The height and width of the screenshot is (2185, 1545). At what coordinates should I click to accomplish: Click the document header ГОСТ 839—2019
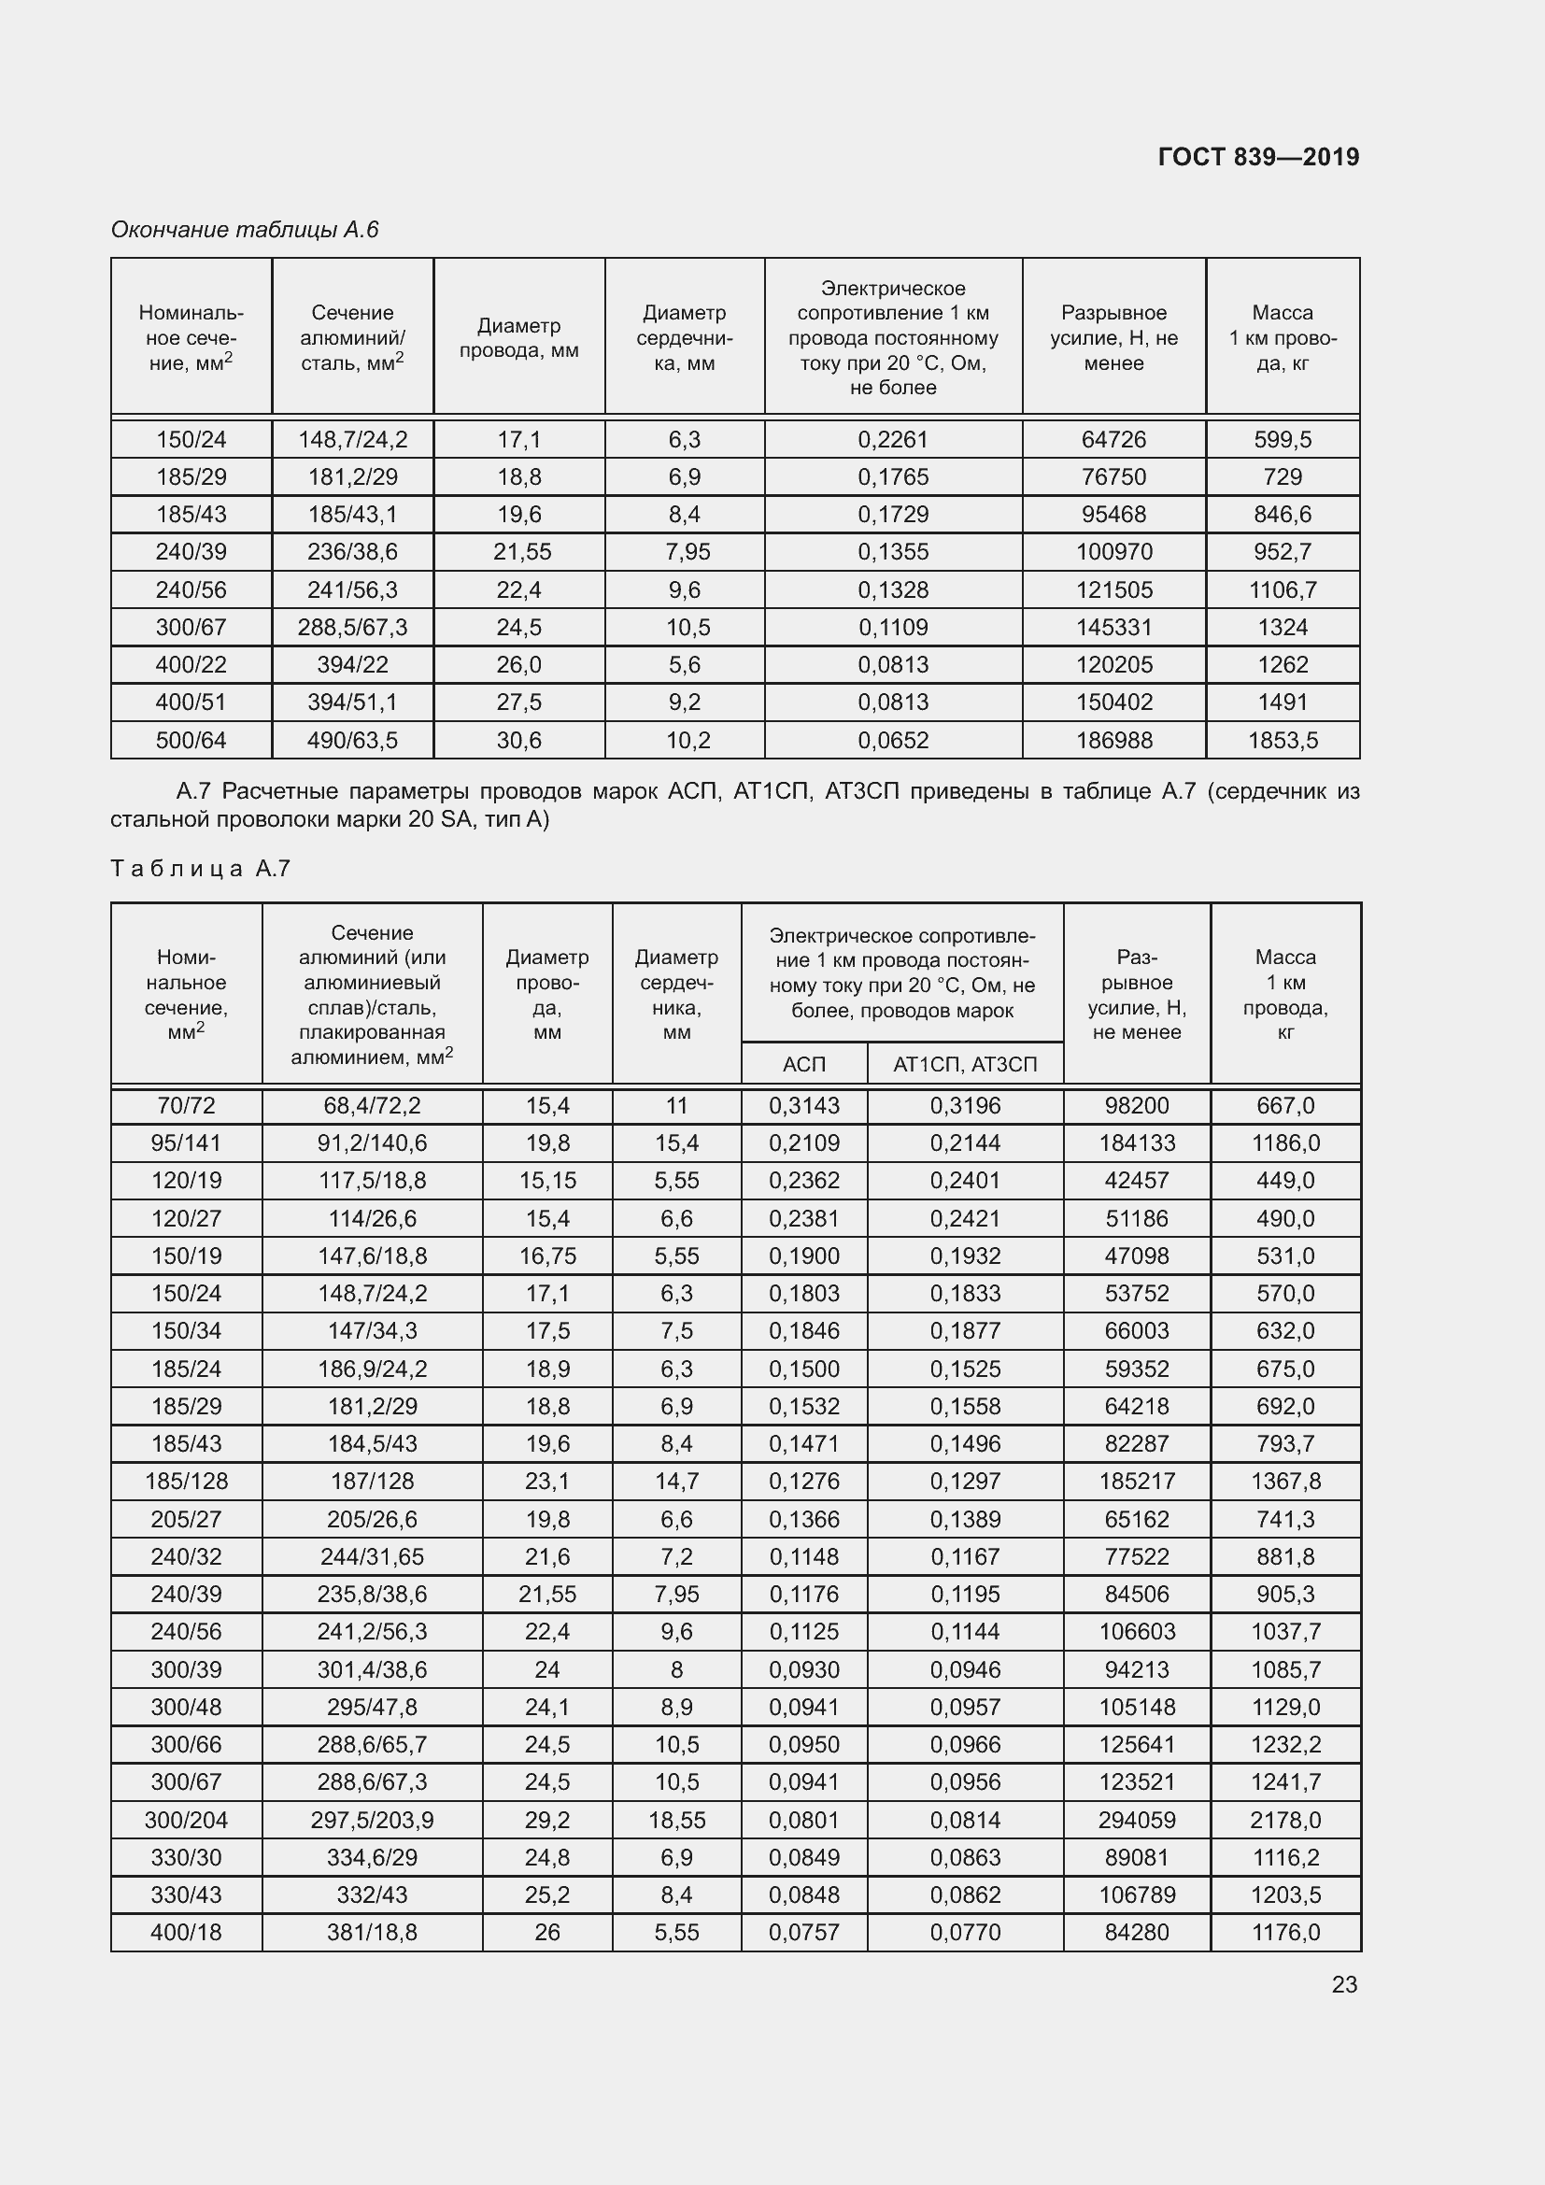pos(1257,157)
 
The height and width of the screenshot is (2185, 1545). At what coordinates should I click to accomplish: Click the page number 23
pos(1343,1984)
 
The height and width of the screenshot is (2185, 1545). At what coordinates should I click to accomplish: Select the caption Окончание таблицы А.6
pos(245,230)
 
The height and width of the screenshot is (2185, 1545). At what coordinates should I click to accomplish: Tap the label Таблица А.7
pos(201,868)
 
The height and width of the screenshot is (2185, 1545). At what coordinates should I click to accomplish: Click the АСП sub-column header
pos(804,1064)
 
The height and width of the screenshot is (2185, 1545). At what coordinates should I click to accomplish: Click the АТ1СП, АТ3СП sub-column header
pos(965,1064)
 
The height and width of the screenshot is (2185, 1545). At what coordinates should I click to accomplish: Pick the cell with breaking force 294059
pos(1137,1820)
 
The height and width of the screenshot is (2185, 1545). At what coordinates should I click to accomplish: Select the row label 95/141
pos(187,1142)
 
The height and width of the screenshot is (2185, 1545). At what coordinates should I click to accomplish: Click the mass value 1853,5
pos(1283,741)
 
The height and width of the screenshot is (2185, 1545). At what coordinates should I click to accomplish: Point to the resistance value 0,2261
pos(892,440)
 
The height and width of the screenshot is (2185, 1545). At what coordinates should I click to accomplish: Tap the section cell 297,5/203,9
pos(372,1820)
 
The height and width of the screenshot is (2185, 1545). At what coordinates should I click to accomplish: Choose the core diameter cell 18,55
pos(676,1820)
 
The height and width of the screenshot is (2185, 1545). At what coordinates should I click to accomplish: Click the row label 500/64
pos(191,741)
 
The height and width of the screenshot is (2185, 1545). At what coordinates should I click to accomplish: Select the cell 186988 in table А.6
pos(1114,741)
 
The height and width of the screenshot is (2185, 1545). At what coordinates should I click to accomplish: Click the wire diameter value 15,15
pos(547,1180)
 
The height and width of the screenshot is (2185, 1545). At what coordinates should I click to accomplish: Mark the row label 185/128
pos(187,1481)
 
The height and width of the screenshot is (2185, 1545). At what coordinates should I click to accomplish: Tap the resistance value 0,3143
pos(804,1105)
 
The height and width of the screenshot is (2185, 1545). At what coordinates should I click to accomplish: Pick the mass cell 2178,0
pos(1285,1820)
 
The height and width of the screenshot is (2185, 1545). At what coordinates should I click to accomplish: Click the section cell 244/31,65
pos(372,1556)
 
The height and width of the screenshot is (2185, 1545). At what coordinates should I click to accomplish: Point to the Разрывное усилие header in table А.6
pos(1114,338)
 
